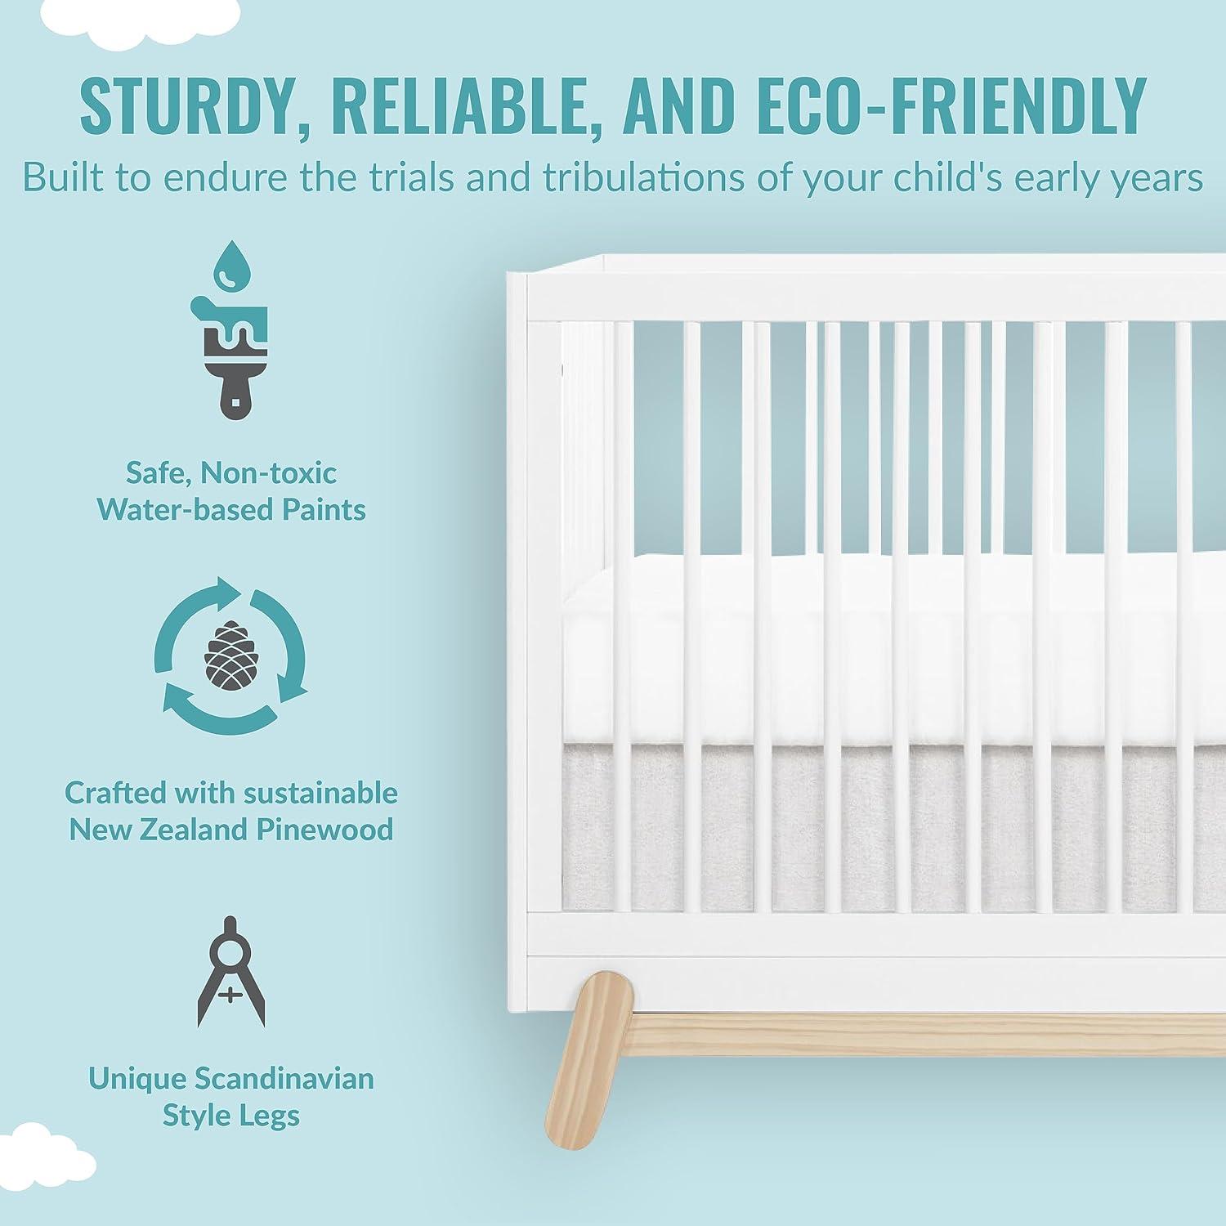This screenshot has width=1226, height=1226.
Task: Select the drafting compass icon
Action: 231,973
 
